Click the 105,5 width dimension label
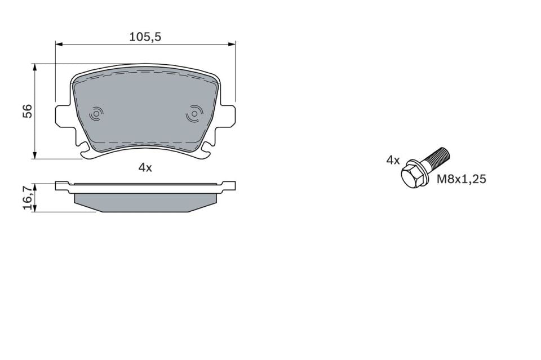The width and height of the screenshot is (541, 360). coord(145,37)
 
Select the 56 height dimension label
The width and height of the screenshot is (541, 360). coord(27,111)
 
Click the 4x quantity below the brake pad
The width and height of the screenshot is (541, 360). coord(145,167)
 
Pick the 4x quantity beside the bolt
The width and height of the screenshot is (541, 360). coord(393,161)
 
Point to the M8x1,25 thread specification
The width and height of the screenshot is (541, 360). coord(462,180)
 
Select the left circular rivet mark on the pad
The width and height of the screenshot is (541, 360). coord(96,114)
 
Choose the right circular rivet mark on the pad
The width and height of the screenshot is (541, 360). coord(194,114)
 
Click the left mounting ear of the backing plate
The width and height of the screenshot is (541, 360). coord(63,115)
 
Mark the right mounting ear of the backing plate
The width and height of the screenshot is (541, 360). coord(227,115)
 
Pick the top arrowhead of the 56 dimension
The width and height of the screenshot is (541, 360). coord(35,67)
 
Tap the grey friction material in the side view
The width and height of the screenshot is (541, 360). coord(145,202)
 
